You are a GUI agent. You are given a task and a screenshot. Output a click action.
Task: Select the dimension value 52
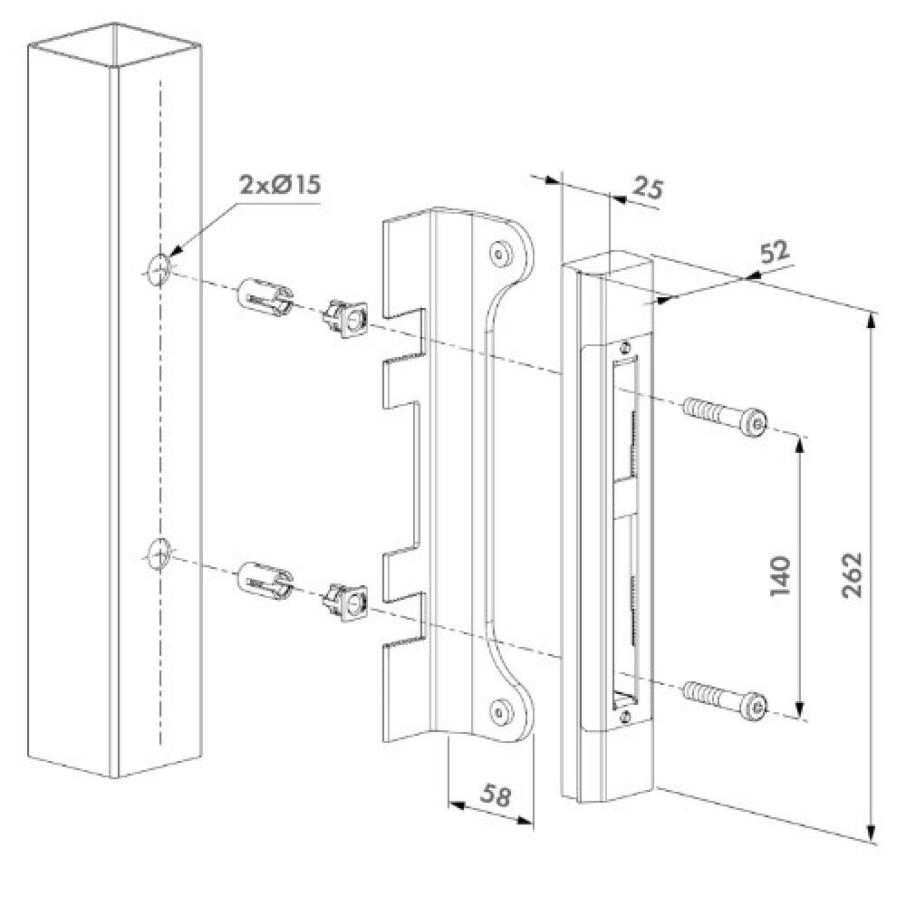[774, 254]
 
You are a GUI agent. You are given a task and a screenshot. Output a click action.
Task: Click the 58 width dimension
[496, 796]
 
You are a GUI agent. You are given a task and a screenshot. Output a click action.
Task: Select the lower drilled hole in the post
[157, 552]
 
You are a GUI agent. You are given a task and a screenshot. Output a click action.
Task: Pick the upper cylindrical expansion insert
[264, 295]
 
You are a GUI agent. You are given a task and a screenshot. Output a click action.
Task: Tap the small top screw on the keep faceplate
[626, 345]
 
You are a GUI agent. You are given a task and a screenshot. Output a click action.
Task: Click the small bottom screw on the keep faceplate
[626, 715]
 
